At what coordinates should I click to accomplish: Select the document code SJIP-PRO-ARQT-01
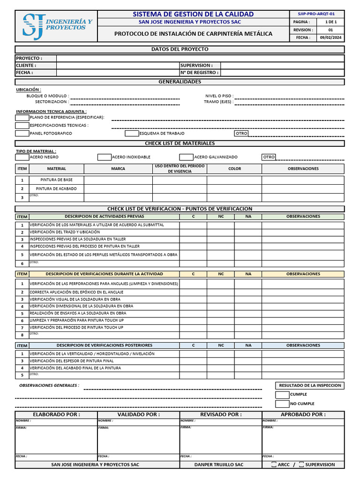316,14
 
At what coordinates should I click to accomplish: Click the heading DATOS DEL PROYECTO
180,49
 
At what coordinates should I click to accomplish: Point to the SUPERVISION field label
196,66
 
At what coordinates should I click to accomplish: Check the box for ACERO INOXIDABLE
104,157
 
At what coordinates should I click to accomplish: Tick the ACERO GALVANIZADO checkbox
186,157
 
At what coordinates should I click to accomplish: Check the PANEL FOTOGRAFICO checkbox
22,133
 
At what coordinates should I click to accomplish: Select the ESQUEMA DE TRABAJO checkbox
132,133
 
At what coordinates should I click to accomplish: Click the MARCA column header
118,169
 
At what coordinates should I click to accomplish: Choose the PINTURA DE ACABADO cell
56,188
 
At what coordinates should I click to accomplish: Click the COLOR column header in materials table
234,169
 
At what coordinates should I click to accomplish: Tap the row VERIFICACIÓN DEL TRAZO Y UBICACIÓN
65,232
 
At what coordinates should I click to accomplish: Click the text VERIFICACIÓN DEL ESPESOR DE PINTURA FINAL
72,361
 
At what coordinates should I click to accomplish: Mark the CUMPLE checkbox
282,395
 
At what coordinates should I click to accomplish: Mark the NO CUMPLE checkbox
282,404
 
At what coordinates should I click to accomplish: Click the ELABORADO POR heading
56,414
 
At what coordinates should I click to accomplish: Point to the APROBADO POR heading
303,414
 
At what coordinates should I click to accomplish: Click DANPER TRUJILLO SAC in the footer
219,465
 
